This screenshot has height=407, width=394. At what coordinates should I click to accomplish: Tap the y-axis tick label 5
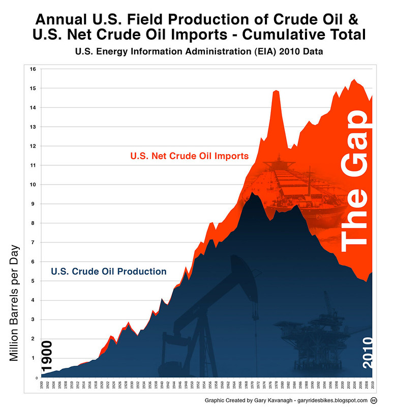coord(33,281)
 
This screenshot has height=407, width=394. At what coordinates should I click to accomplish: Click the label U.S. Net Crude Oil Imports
coord(189,156)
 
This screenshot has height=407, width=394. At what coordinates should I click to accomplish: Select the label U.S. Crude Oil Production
coord(108,271)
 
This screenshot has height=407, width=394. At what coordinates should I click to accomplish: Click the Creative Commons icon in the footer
coord(374,400)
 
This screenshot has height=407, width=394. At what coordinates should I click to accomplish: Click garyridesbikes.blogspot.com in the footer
coord(332,400)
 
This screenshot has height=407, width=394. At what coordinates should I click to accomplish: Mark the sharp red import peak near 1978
coord(276,92)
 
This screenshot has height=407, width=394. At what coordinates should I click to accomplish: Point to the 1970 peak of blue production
coord(252,193)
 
